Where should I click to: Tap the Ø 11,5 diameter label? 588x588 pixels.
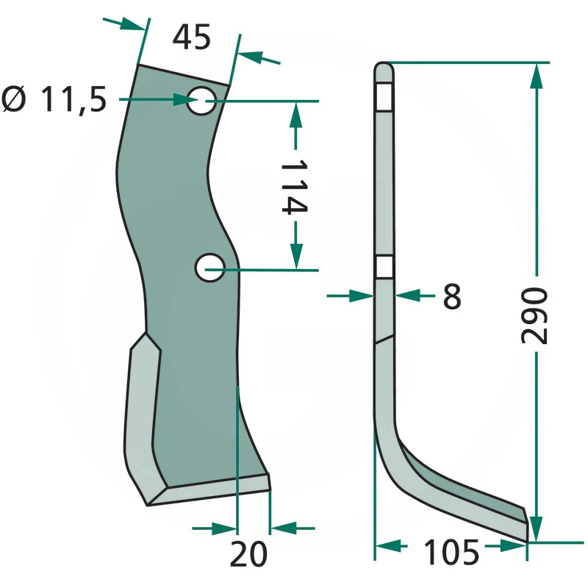[54, 99]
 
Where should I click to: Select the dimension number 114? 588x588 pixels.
[295, 186]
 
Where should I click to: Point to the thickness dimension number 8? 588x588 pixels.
[452, 296]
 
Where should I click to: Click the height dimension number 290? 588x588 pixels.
[534, 315]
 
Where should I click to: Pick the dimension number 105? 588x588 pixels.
[451, 552]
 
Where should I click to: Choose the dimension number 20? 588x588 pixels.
[248, 554]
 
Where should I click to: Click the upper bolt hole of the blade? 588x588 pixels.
[201, 101]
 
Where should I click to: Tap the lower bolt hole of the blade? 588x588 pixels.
[209, 268]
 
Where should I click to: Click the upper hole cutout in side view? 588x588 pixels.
[384, 97]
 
